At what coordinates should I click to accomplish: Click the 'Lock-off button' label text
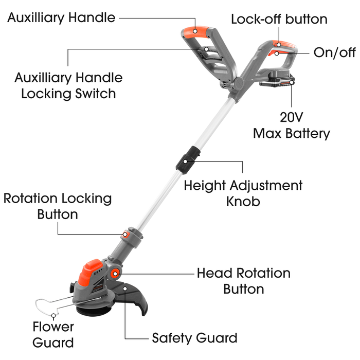[279, 20]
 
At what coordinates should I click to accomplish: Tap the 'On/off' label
[334, 53]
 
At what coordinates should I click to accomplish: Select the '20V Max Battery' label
[291, 125]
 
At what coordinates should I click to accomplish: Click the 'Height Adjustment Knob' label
[243, 192]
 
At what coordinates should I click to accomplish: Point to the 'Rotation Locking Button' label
[58, 206]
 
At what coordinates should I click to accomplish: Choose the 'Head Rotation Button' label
[243, 281]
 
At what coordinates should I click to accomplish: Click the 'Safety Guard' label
[194, 338]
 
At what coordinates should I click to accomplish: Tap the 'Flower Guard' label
[53, 334]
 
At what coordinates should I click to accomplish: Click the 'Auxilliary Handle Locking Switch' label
[68, 85]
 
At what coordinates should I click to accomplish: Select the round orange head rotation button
[114, 273]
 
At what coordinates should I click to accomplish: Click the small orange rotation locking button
[125, 235]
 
